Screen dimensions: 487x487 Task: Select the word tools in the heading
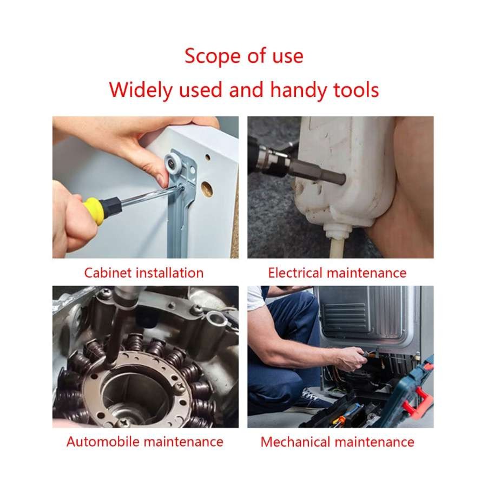(x=356, y=90)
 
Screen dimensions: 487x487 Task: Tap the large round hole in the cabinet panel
(x=207, y=189)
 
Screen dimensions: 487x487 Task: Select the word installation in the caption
(x=170, y=273)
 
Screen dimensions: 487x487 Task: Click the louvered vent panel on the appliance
(x=345, y=316)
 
